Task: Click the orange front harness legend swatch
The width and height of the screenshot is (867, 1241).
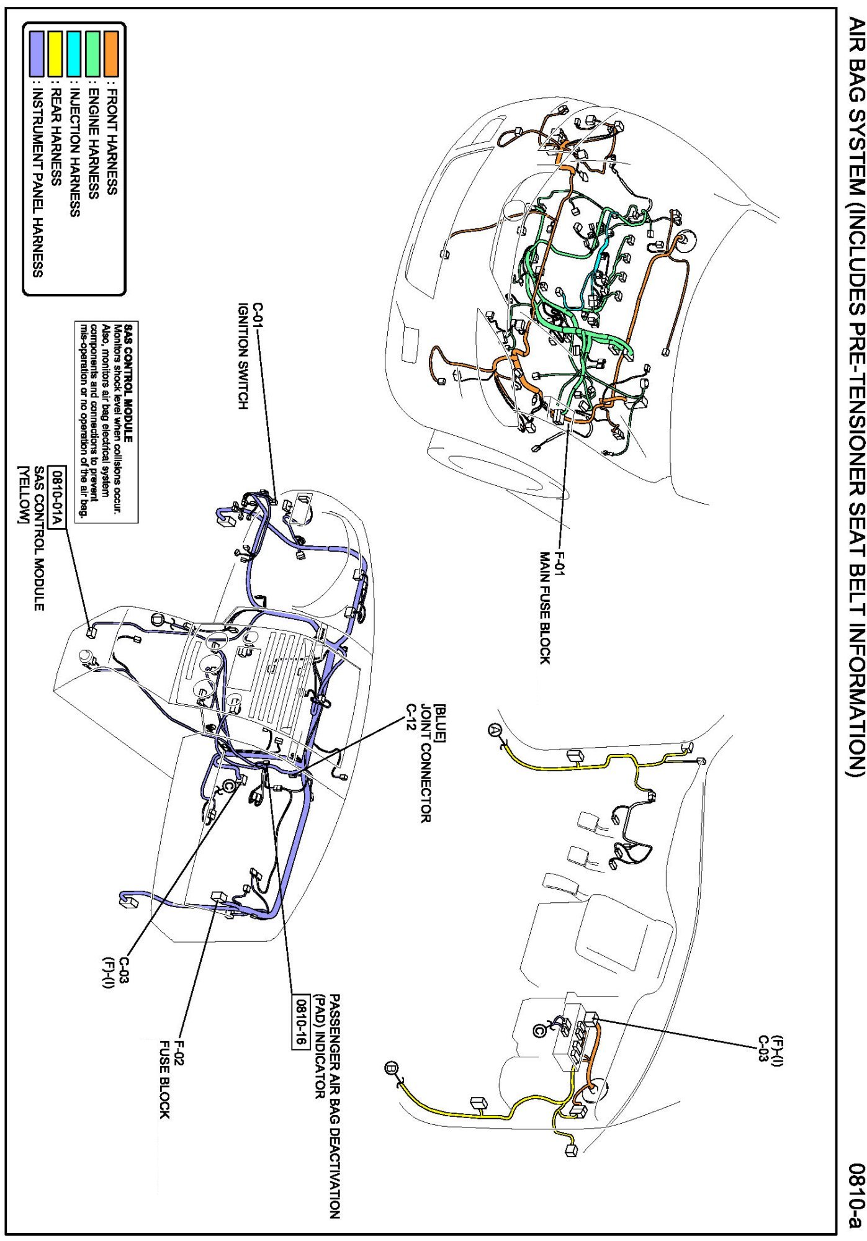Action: coord(112,50)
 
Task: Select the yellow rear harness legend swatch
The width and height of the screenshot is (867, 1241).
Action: coord(55,50)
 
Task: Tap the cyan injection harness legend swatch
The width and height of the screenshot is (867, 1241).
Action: coord(74,50)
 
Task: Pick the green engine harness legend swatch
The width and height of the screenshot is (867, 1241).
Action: coord(92,50)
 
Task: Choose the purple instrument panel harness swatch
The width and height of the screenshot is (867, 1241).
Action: coord(37,50)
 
